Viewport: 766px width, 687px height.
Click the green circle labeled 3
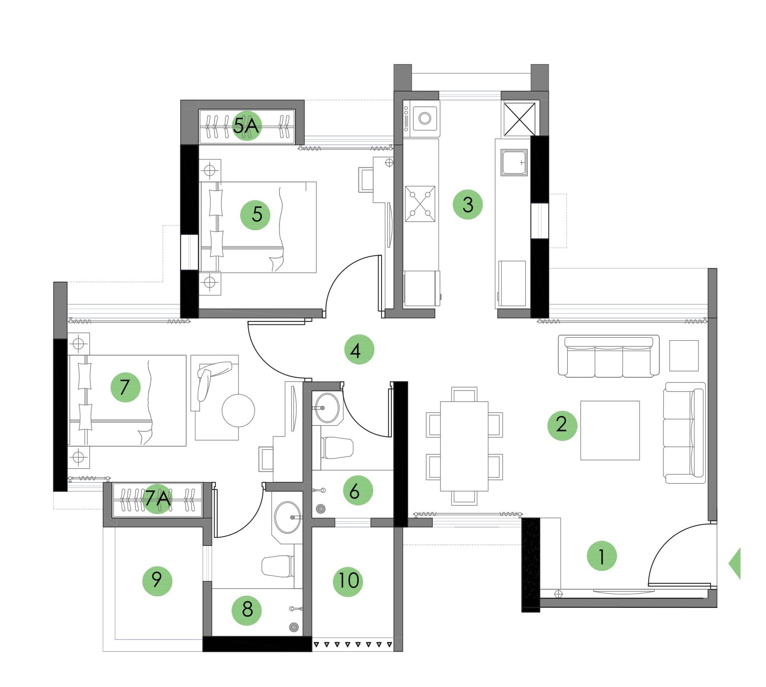[468, 204]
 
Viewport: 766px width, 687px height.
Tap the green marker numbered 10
[348, 581]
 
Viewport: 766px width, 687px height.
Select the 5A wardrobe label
[246, 126]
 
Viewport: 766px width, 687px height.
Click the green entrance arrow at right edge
[735, 563]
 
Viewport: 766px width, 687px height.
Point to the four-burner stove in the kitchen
[420, 203]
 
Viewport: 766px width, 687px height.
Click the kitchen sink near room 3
[514, 163]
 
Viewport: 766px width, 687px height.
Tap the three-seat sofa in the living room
[608, 357]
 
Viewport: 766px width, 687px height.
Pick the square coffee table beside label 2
[609, 430]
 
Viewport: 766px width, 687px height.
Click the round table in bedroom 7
[238, 410]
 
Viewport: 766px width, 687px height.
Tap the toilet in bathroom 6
[337, 448]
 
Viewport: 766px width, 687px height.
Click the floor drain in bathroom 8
[294, 627]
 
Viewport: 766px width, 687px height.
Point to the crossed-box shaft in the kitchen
[520, 119]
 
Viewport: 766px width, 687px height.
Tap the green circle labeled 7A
[157, 499]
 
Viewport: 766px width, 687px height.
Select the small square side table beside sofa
[683, 355]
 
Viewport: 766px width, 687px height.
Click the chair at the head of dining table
[464, 394]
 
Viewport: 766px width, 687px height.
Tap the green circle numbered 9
[157, 581]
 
